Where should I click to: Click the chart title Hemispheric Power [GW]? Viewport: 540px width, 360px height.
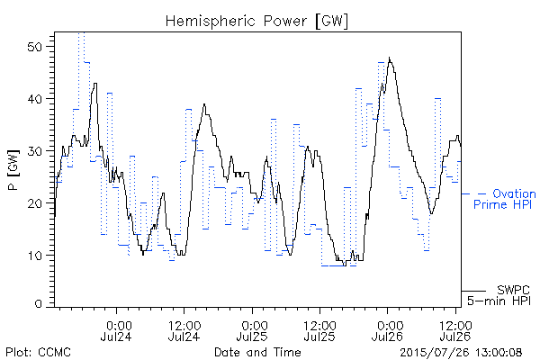pos(256,21)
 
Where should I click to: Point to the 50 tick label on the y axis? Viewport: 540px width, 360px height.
pos(35,47)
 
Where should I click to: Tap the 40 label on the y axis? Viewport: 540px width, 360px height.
pos(35,99)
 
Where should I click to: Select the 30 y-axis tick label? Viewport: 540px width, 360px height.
pos(35,151)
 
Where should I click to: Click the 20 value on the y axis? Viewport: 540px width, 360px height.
pos(35,203)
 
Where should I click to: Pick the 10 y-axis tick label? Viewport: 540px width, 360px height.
pos(35,256)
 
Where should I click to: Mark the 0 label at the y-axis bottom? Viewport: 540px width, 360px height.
pos(39,304)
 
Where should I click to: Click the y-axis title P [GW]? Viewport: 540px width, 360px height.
pos(13,170)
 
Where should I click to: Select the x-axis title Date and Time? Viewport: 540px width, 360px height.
pos(257,352)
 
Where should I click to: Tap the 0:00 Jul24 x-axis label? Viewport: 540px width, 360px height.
pos(116,331)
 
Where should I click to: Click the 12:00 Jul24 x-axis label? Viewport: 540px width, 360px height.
pos(184,331)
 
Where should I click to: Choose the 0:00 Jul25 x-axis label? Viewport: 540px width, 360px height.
pos(252,331)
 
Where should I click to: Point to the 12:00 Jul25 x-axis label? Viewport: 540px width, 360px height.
pos(319,331)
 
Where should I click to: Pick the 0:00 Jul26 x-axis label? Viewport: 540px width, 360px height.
pos(387,331)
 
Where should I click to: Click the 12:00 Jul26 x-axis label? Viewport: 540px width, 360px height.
pos(455,331)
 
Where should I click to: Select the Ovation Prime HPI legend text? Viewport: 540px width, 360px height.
pos(505,199)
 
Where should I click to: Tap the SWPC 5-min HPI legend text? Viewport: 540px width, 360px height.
pos(499,295)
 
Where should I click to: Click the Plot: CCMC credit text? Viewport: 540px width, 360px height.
pos(38,352)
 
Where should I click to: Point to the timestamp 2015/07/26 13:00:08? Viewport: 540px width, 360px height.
pos(461,352)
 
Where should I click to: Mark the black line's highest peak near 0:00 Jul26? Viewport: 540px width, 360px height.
pos(390,58)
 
